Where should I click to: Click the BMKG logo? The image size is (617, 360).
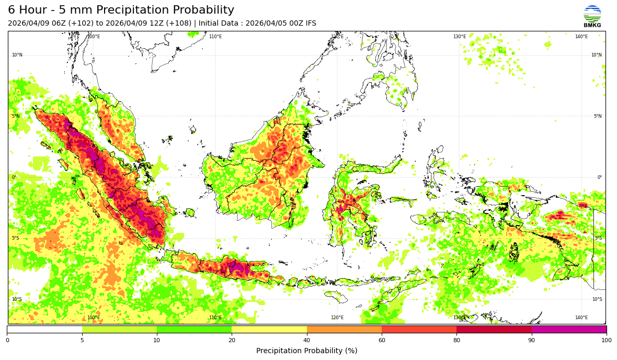point(592,16)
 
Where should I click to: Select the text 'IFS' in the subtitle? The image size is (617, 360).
point(310,24)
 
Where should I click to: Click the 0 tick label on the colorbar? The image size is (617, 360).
point(7,341)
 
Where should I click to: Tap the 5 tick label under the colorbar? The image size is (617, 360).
point(82,341)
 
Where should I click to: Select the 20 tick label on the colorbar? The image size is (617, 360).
point(232,341)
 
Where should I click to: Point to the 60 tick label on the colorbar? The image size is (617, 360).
point(382,341)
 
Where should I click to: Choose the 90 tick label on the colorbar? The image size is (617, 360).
point(532,341)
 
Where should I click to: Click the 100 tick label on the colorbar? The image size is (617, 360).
point(606,341)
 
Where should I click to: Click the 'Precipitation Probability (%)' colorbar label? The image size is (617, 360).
point(306,351)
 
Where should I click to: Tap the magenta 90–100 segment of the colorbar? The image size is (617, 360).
point(569,330)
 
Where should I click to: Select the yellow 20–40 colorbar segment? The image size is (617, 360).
point(269,330)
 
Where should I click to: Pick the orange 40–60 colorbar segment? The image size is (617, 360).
point(344,330)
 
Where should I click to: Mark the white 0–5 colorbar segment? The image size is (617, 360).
point(44,330)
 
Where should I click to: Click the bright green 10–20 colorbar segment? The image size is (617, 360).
point(194,330)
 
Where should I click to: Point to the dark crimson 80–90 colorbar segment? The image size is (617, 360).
point(494,330)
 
